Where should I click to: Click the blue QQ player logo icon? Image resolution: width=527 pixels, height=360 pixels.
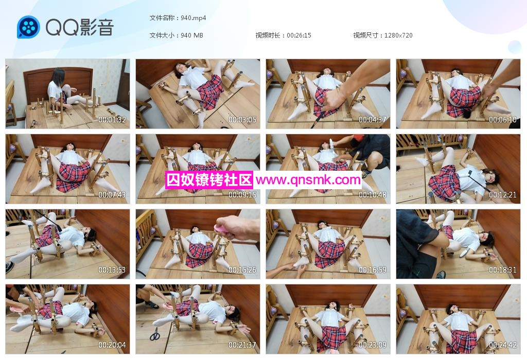(x=29, y=27)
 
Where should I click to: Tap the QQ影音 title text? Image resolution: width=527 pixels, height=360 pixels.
(x=80, y=27)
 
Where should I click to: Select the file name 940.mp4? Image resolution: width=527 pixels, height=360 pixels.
(x=194, y=18)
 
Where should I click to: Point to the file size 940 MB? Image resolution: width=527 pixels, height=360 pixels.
(x=192, y=35)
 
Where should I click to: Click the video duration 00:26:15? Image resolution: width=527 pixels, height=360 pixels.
(x=299, y=35)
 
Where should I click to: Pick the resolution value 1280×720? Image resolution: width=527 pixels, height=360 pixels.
(x=398, y=35)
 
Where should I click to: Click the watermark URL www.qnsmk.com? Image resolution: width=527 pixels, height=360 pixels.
(x=308, y=180)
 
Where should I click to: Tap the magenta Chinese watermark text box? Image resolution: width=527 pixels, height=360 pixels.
(x=209, y=180)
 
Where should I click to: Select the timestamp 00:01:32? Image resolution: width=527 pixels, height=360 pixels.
(x=112, y=119)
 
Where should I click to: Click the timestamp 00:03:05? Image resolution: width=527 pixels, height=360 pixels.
(x=242, y=119)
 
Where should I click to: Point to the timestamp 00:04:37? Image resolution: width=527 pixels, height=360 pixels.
(x=373, y=119)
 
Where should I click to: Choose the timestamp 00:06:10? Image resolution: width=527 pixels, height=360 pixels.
(x=503, y=119)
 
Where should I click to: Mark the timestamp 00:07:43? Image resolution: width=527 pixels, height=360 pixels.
(x=112, y=195)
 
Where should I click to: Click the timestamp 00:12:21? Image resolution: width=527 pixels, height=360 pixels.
(x=503, y=195)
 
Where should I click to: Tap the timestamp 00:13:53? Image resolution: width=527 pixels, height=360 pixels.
(x=112, y=270)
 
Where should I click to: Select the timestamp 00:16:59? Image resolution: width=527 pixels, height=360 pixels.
(x=373, y=270)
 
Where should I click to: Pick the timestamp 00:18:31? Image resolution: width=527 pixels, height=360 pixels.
(x=503, y=270)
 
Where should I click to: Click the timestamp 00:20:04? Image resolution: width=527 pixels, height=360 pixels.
(x=112, y=345)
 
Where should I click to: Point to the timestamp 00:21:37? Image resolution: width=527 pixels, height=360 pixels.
(x=242, y=345)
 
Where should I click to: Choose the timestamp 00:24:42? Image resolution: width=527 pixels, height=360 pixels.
(x=503, y=345)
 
